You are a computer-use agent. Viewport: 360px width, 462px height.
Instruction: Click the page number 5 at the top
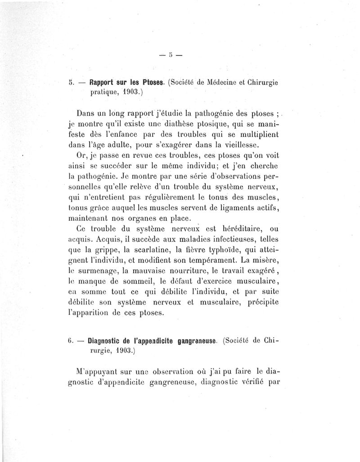pyautogui.click(x=171, y=55)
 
